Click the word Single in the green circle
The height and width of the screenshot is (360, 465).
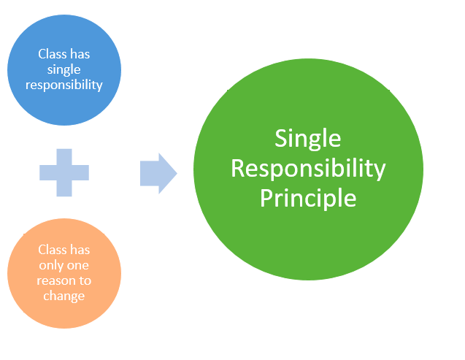coord(308,139)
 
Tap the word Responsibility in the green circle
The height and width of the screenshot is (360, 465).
coord(308,169)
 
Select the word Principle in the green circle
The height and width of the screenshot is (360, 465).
coord(308,198)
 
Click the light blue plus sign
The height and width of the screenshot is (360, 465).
coord(64,172)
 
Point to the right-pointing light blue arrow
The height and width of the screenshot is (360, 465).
coord(158,174)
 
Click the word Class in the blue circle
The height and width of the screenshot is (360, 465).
coord(53,54)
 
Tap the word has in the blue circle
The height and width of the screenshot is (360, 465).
coord(80,54)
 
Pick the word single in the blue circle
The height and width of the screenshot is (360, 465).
coord(64,70)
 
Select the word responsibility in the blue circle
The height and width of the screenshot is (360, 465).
coord(64,85)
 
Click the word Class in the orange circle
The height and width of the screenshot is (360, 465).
coord(53,250)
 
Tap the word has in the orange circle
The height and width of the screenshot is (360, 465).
coord(80,250)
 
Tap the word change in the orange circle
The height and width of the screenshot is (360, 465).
coord(64,296)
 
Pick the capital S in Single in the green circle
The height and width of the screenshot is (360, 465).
coord(281,138)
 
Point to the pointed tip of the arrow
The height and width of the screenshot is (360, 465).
coord(177,174)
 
